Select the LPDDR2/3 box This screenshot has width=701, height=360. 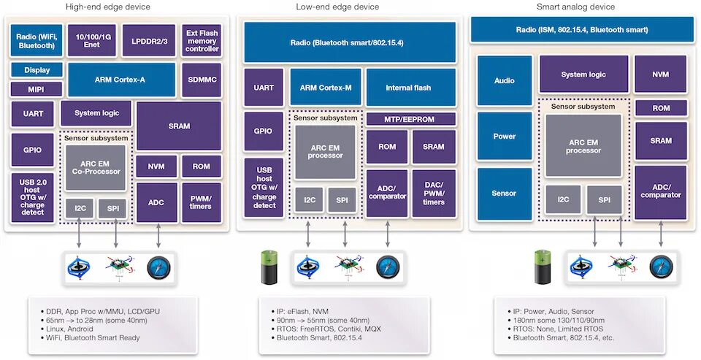click(149, 41)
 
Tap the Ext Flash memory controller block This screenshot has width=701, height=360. click(202, 41)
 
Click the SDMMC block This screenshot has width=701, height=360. click(202, 80)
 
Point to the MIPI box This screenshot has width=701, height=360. click(37, 89)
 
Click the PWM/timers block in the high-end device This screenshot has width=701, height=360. click(202, 202)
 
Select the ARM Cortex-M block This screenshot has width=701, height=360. click(326, 87)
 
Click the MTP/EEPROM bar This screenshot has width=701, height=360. click(410, 120)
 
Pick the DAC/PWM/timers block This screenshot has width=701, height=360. click(433, 194)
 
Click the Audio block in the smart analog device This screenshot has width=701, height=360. click(505, 80)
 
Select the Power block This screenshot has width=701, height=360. click(505, 137)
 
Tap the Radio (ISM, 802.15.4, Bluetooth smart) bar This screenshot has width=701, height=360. click(582, 30)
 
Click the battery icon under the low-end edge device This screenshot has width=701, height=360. click(269, 267)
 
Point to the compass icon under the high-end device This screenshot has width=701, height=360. click(158, 268)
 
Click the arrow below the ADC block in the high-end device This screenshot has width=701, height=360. click(158, 236)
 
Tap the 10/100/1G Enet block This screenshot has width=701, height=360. click(92, 41)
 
